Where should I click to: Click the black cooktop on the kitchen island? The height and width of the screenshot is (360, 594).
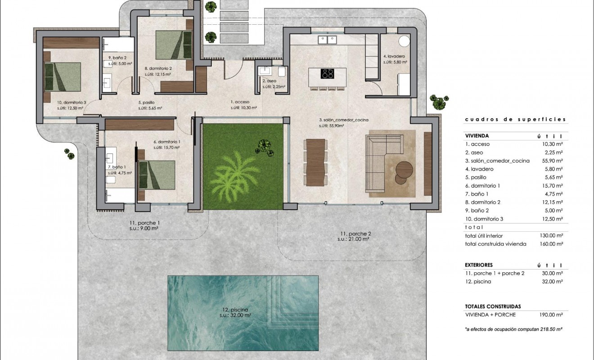(327, 73)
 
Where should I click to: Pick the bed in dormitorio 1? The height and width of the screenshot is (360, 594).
(156, 175)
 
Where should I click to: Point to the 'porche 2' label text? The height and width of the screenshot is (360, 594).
(355, 234)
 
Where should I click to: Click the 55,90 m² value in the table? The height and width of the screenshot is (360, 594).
(553, 161)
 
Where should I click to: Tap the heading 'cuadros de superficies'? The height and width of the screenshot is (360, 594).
(515, 120)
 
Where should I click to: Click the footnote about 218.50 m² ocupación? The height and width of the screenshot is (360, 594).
(513, 329)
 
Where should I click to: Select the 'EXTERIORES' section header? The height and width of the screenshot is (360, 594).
(479, 265)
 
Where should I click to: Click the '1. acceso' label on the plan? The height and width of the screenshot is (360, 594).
(240, 102)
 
